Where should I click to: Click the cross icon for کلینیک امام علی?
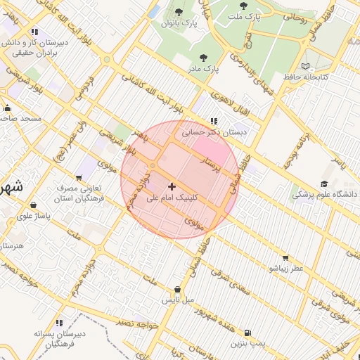173,186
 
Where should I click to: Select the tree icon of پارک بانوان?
179,12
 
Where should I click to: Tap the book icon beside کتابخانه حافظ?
304,66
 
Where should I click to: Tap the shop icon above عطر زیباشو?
285,257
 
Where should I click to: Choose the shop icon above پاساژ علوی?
33,205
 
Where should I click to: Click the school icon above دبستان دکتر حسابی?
214,120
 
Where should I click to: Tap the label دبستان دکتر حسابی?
217,131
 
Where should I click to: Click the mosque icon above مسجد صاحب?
7,108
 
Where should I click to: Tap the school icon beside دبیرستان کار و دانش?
34,32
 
